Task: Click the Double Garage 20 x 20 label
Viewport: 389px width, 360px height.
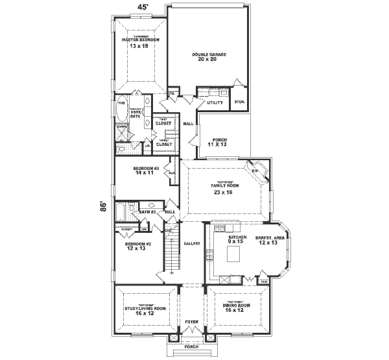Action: tap(209, 57)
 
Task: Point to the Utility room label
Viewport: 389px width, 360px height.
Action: tap(215, 102)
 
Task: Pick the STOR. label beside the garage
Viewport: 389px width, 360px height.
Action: tap(239, 102)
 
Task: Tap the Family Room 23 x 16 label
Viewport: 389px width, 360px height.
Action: tap(224, 188)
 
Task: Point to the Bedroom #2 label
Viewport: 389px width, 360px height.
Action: tap(137, 246)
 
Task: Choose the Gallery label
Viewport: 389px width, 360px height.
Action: tap(191, 243)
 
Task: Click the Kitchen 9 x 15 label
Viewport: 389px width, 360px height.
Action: tap(235, 241)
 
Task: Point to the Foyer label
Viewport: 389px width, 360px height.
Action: tap(191, 322)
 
